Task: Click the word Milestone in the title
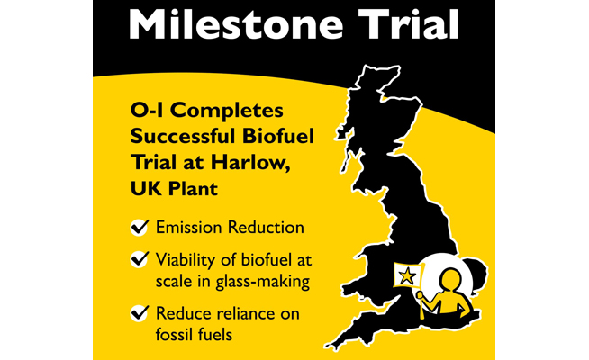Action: (x=236, y=23)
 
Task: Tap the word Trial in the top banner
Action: (x=408, y=23)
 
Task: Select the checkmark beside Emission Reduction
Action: (x=140, y=227)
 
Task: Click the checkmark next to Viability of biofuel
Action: (x=140, y=259)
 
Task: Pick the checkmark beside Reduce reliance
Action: (x=140, y=313)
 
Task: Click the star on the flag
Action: (x=407, y=276)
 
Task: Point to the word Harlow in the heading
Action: (x=249, y=162)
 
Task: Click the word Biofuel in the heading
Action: (x=278, y=136)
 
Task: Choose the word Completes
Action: (x=229, y=111)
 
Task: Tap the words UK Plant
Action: (x=174, y=188)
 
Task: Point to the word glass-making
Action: (x=263, y=282)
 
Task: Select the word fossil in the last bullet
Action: (x=174, y=334)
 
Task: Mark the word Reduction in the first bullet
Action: (x=266, y=228)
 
